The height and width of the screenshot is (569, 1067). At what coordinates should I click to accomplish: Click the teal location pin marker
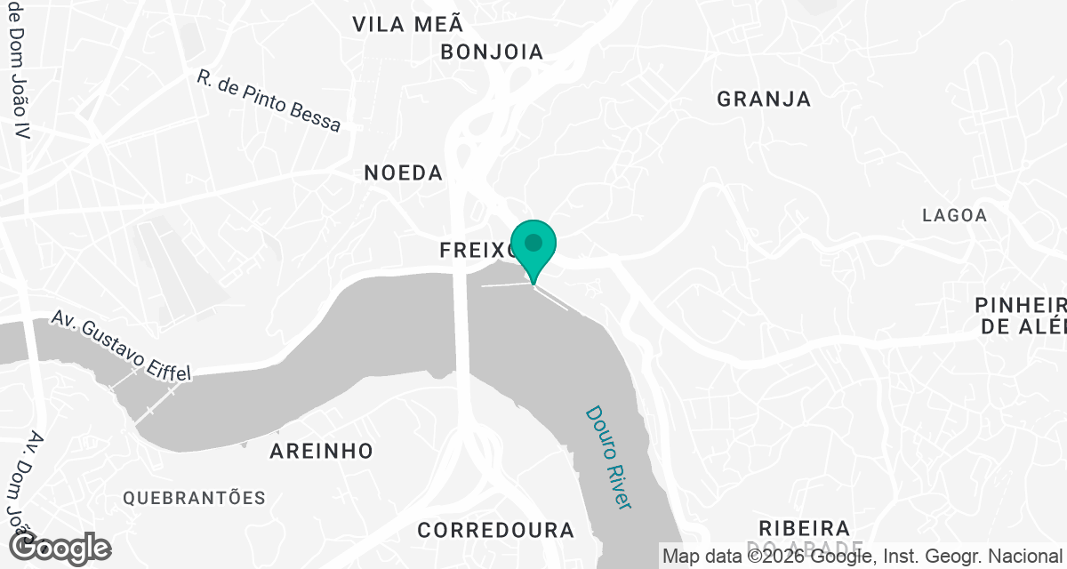click(533, 247)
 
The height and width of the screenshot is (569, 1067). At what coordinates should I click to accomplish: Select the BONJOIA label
click(492, 52)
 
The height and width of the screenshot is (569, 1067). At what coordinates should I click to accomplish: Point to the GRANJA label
click(764, 99)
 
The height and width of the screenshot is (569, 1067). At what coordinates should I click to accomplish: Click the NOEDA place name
click(403, 172)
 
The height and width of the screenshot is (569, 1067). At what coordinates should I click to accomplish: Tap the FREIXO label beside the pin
click(477, 252)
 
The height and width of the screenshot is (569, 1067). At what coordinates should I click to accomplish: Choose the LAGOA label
click(954, 215)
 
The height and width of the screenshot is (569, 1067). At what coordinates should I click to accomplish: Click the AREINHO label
click(321, 451)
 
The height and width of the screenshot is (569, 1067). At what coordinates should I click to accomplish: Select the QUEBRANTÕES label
click(195, 497)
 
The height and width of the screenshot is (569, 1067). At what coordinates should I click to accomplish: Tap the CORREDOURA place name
click(496, 530)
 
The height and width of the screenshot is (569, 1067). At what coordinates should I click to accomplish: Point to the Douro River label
click(608, 457)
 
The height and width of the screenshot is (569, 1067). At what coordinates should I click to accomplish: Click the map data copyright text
click(862, 557)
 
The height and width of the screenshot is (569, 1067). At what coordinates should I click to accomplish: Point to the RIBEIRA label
click(805, 528)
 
